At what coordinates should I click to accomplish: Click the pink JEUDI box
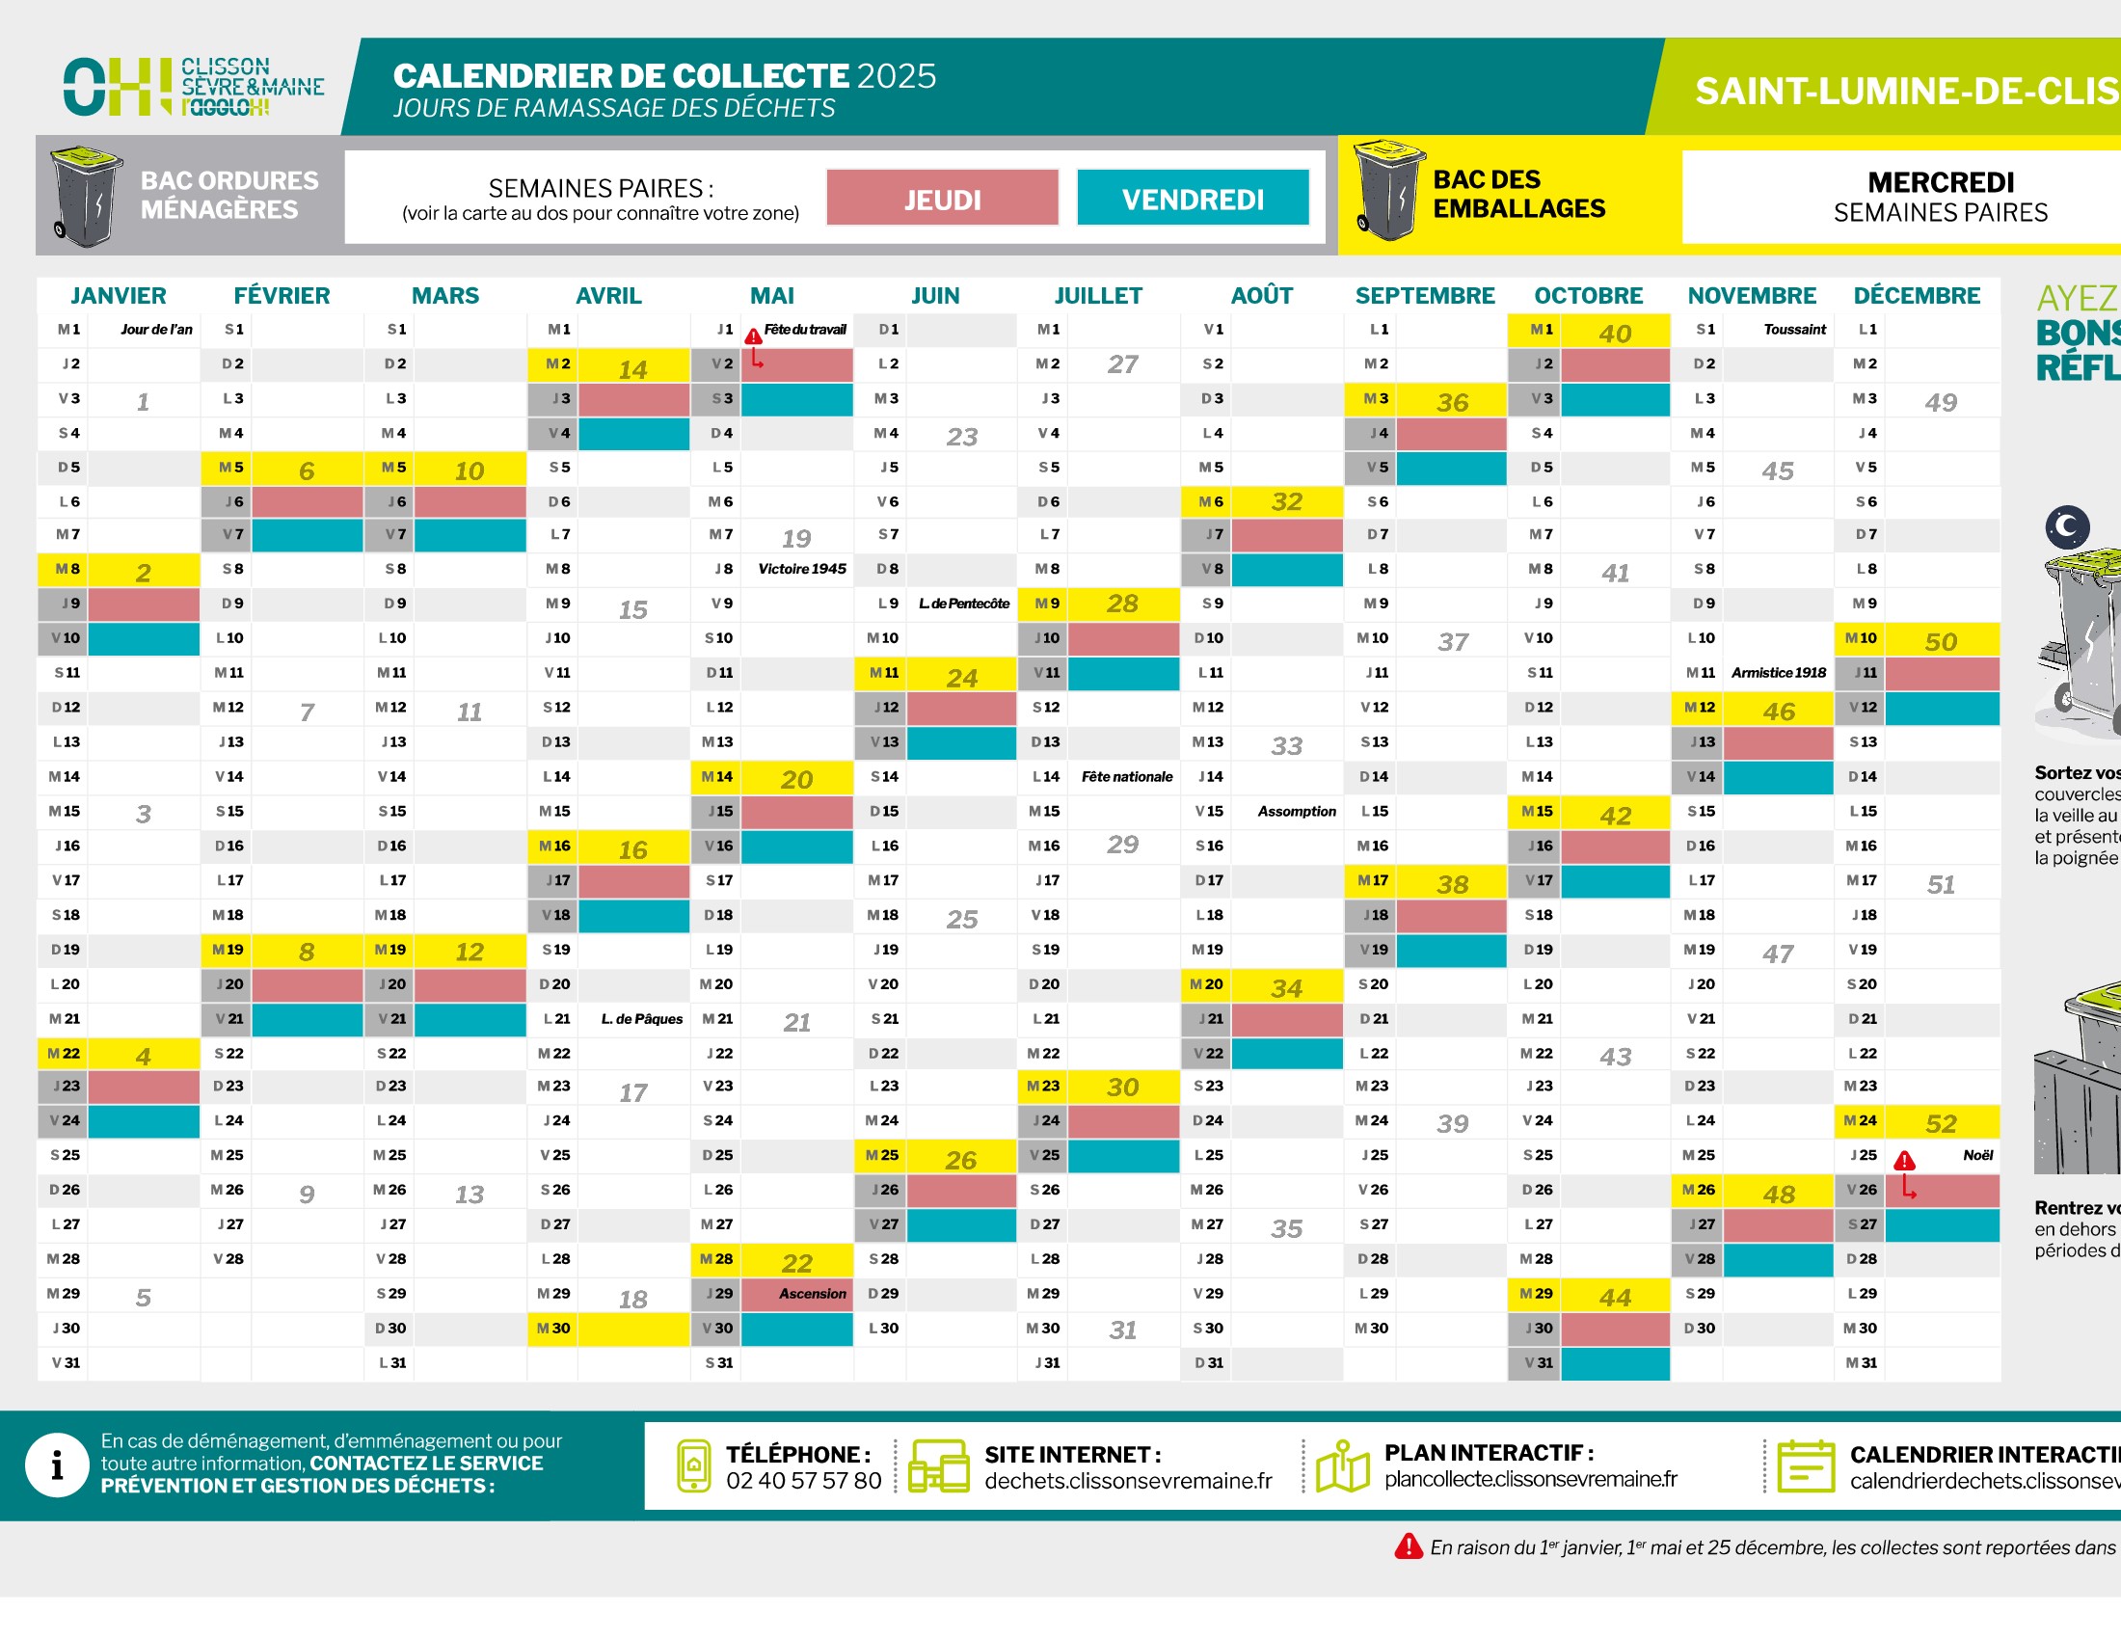(942, 198)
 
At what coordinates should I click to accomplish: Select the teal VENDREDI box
(1193, 198)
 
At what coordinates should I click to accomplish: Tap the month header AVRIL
(608, 295)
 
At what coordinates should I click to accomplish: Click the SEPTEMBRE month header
(1425, 295)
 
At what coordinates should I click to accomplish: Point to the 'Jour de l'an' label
(156, 329)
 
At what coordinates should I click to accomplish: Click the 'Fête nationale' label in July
(1126, 777)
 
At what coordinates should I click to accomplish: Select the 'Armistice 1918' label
(1778, 672)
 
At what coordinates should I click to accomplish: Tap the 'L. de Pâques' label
(641, 1018)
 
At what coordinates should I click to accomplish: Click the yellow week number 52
(1941, 1123)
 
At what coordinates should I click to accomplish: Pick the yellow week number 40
(1614, 333)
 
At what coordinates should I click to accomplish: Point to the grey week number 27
(1122, 364)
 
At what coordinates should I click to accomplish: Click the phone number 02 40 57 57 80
(803, 1481)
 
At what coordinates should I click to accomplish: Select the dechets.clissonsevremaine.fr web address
(1128, 1481)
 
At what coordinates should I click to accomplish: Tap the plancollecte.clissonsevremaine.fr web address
(1531, 1479)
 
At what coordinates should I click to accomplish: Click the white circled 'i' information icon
(57, 1465)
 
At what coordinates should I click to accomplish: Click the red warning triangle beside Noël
(1904, 1160)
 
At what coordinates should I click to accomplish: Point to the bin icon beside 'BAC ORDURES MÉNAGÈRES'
(86, 195)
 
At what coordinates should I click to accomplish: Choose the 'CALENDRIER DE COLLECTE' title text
(622, 76)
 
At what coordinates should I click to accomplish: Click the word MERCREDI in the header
(1941, 182)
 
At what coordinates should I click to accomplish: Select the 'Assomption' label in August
(1297, 812)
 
